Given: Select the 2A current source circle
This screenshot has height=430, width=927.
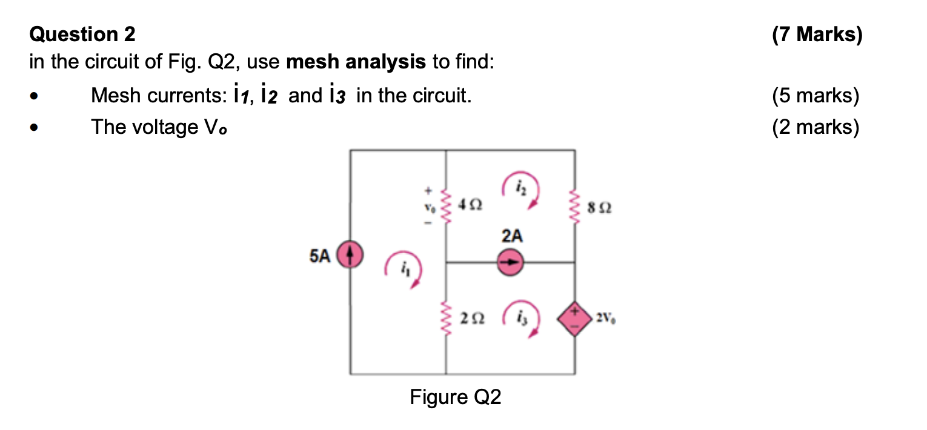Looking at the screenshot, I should [511, 263].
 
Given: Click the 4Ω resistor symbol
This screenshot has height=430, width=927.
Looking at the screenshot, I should [447, 207].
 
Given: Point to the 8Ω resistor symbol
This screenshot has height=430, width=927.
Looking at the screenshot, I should [574, 207].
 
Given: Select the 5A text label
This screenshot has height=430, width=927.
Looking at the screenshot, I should [321, 256].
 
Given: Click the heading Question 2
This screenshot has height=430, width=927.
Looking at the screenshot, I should [82, 35].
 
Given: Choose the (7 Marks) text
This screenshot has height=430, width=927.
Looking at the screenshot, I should [816, 35].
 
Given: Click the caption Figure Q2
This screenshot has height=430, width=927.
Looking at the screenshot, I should [456, 397].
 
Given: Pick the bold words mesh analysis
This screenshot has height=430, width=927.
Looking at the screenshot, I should [356, 62].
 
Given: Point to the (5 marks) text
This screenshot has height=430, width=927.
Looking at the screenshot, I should [816, 96].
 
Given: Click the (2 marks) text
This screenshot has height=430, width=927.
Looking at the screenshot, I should [816, 127].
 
